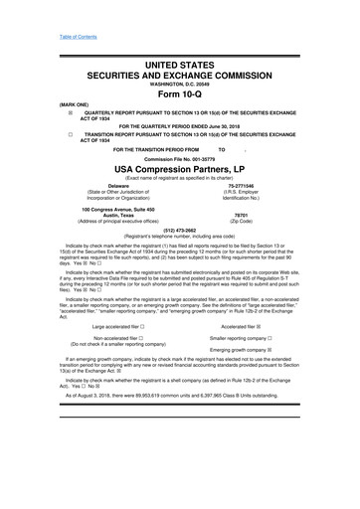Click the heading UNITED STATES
pos(180,64)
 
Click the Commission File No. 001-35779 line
pos(180,157)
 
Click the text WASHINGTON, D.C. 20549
pos(180,83)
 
